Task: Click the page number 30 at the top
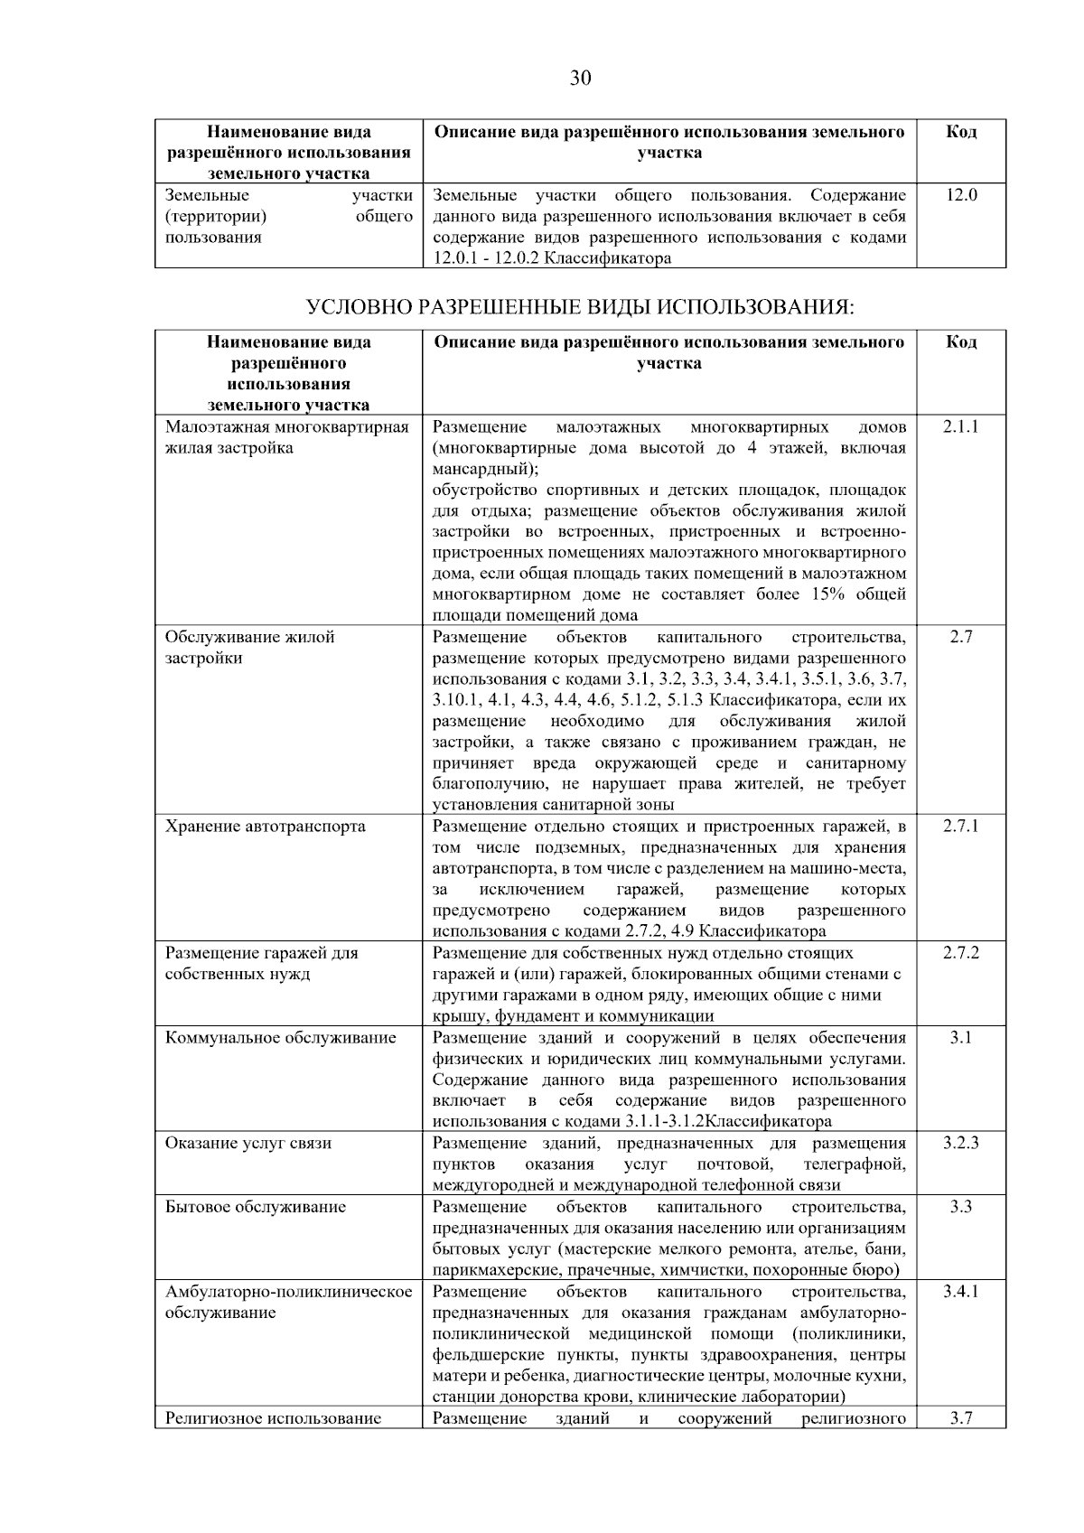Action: pos(580,79)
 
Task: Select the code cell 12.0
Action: pos(960,194)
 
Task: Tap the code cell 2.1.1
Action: pos(960,426)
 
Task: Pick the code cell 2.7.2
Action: pos(960,953)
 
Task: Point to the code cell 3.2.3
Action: pos(960,1143)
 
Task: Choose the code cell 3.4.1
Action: pos(960,1292)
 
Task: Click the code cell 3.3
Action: pos(960,1207)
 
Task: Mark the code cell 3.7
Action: pos(960,1417)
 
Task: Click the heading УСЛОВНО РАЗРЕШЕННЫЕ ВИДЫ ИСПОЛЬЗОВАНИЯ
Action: pos(580,307)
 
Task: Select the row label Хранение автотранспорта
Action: pos(265,827)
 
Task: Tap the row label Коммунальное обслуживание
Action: pos(280,1038)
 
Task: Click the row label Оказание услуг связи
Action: pos(248,1143)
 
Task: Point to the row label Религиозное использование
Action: pos(273,1417)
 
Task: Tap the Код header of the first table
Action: pos(960,132)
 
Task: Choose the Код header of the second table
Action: pos(960,342)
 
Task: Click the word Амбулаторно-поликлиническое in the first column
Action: pos(288,1292)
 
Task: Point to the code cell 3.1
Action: pos(960,1038)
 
